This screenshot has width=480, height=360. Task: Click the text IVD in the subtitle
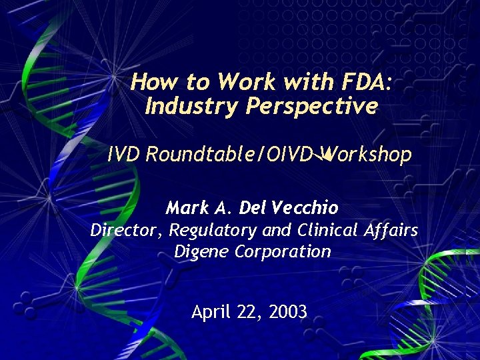(123, 155)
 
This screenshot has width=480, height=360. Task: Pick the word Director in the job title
(126, 231)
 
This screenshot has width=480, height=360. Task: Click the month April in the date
(211, 311)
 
